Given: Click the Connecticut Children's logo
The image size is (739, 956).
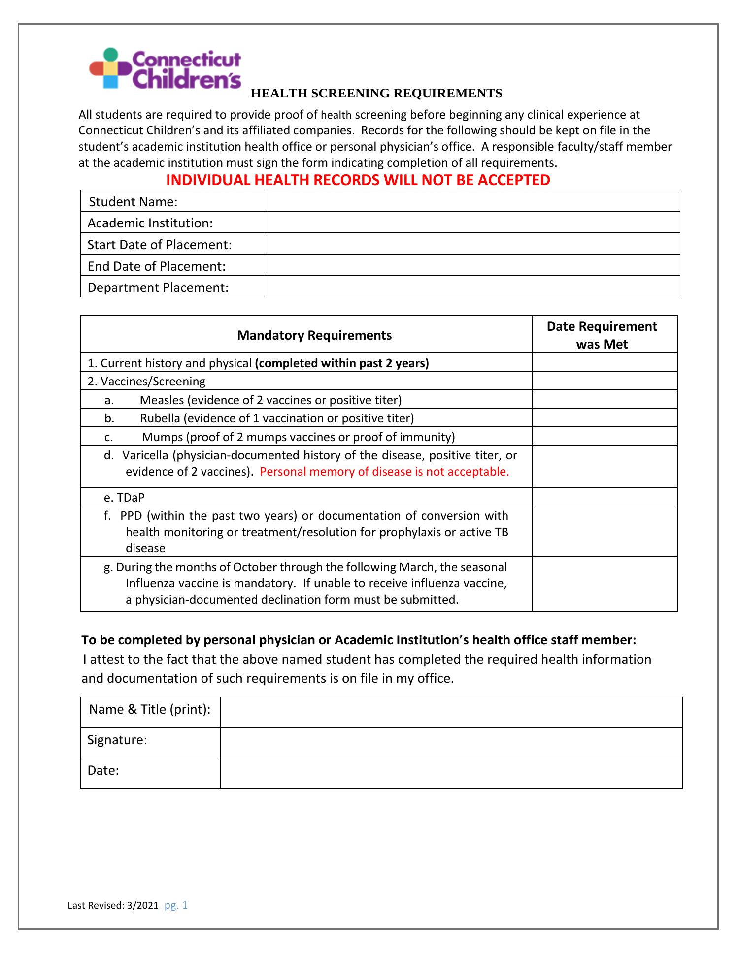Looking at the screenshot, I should (165, 68).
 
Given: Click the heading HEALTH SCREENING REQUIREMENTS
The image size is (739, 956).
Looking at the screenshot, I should (376, 94).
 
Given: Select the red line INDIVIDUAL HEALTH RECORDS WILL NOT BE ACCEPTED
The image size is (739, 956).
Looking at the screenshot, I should (358, 180).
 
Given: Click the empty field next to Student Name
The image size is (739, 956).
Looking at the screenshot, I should (473, 201).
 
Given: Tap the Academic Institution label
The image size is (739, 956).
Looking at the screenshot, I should (150, 223).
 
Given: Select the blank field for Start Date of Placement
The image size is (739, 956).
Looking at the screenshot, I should (473, 244).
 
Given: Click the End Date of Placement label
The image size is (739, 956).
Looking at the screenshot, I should (156, 266).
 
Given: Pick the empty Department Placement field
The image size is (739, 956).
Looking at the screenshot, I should (473, 287).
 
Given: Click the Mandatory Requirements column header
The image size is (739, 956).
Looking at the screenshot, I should (314, 335).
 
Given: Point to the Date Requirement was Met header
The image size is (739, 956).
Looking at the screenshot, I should (602, 335).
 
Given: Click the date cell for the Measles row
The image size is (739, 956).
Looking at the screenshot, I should (605, 399).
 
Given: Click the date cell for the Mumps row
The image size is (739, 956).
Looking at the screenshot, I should (605, 436).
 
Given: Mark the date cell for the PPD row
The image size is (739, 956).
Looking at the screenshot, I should (605, 532).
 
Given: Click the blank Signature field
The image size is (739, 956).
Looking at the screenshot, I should (451, 742).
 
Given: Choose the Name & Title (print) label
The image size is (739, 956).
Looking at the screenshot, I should (150, 709).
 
